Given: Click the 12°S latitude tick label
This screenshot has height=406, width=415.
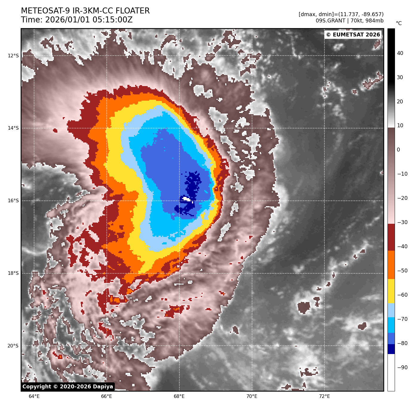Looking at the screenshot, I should point(13,56).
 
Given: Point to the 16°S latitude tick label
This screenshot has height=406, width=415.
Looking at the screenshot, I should point(13,201).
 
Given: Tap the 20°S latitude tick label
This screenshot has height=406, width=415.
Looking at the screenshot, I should point(13,346).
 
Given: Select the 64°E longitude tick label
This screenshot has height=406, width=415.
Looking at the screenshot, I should point(34,396).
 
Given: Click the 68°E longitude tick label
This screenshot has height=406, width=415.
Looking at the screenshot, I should point(179,396).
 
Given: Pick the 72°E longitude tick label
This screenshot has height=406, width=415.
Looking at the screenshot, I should point(324,396).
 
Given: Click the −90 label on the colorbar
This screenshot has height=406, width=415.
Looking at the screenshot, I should point(402,367).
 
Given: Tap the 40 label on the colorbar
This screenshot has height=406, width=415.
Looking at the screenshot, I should point(400,53).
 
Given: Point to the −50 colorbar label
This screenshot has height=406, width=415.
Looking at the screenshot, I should point(402,271).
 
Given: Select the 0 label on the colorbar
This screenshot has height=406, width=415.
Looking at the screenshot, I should point(398,150).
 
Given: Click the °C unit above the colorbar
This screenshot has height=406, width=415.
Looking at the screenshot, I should point(399,23).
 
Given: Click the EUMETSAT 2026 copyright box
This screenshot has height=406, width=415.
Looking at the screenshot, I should point(353,35).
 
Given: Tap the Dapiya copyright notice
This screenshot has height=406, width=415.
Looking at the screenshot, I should point(68,387).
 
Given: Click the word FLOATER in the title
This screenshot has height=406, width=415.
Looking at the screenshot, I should point(132,11).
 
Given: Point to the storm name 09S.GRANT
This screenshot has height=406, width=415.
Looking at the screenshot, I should point(330,21).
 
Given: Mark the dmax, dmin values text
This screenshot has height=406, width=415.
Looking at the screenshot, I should point(341,14).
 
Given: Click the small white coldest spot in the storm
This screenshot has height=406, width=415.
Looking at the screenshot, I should point(186,199).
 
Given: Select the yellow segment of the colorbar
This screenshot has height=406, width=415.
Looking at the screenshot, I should point(391,291).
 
